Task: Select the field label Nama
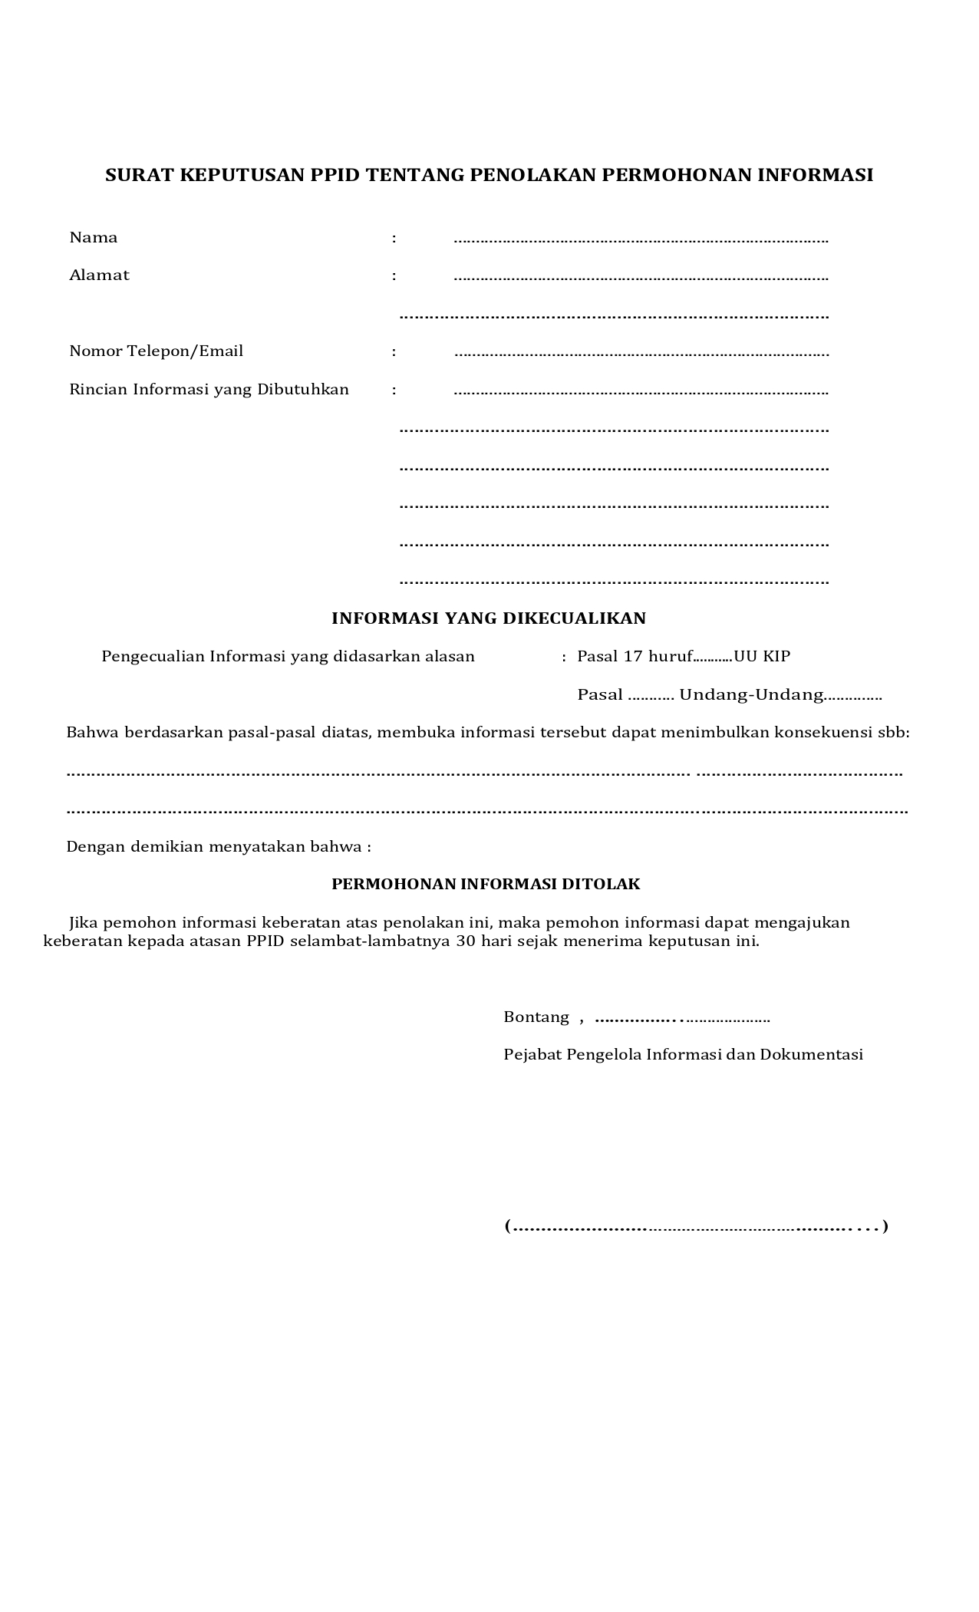(94, 237)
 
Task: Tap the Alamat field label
(100, 275)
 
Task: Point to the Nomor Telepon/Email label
(157, 351)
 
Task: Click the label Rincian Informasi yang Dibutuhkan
(209, 389)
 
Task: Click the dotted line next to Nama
(641, 240)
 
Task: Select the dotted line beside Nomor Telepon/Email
(641, 354)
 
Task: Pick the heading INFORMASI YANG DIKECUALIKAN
(489, 618)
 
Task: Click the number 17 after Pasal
(633, 656)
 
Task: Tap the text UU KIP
(762, 656)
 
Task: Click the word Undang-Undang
(751, 694)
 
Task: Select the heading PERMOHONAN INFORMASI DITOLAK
(486, 884)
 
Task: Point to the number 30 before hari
(466, 941)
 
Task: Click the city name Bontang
(536, 1017)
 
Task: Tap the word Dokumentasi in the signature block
(811, 1054)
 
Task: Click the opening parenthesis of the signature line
(507, 1225)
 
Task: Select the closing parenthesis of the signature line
(885, 1225)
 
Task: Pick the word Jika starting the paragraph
(84, 922)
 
